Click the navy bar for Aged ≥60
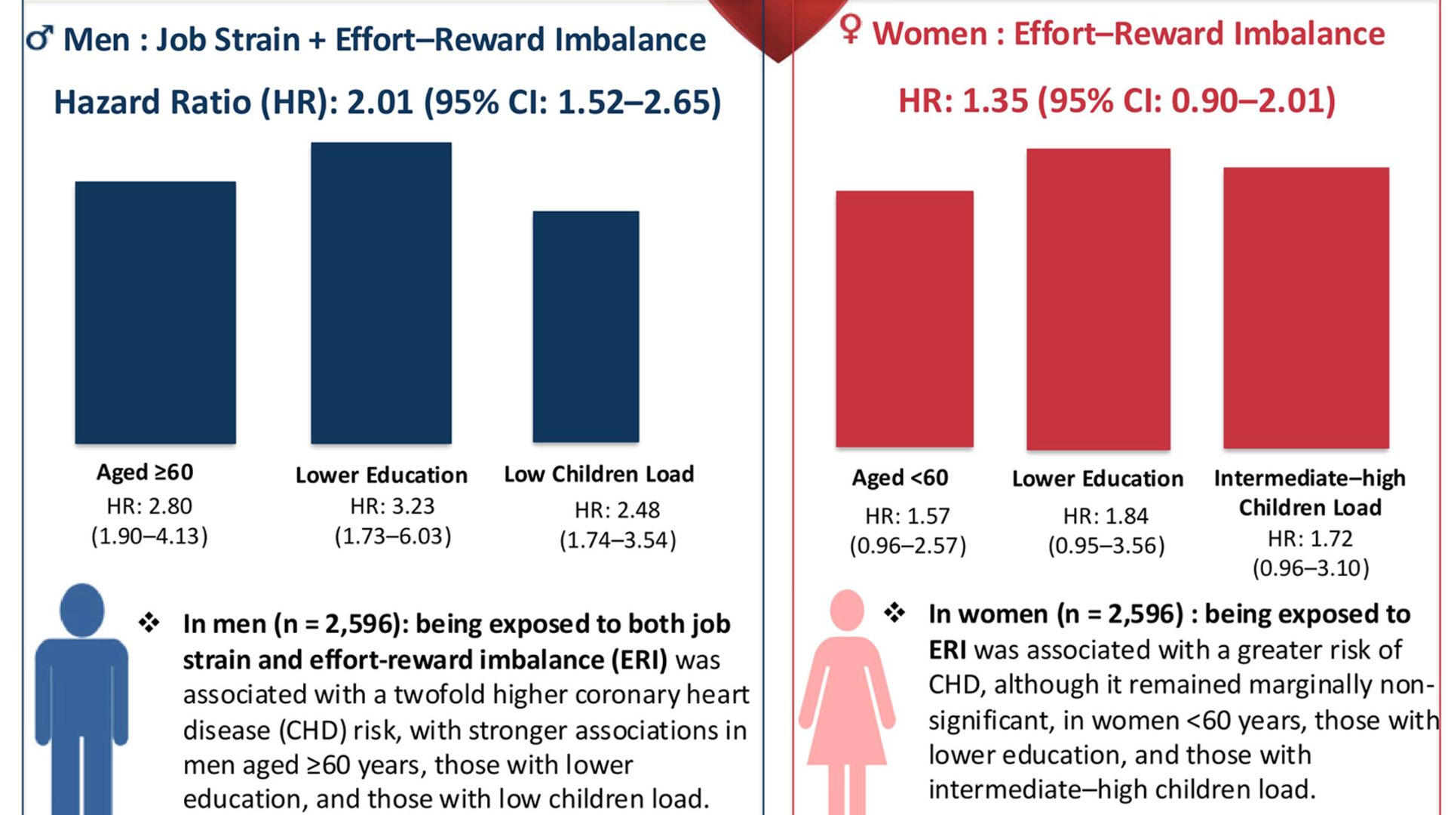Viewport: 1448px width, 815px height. point(155,312)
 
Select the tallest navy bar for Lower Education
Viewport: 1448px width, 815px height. point(381,293)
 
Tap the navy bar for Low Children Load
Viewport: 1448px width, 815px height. point(586,327)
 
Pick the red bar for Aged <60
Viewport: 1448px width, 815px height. point(904,318)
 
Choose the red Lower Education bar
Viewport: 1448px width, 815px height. point(1098,299)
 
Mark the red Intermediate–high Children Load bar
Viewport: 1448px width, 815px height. point(1305,308)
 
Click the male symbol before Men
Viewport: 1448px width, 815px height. point(40,38)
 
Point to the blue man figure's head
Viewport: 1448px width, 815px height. point(81,608)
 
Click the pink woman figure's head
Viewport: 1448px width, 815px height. point(846,610)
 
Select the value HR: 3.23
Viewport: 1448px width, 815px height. point(392,506)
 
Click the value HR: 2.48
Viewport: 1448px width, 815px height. point(617,511)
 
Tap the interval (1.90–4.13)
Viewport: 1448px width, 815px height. point(149,537)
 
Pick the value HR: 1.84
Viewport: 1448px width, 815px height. point(1106,516)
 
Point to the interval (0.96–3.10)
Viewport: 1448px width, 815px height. point(1311,568)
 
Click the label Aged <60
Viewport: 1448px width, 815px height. point(900,478)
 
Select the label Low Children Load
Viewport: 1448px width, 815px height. point(599,474)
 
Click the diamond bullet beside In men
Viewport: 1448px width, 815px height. point(149,623)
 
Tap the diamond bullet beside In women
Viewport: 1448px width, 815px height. point(894,613)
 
